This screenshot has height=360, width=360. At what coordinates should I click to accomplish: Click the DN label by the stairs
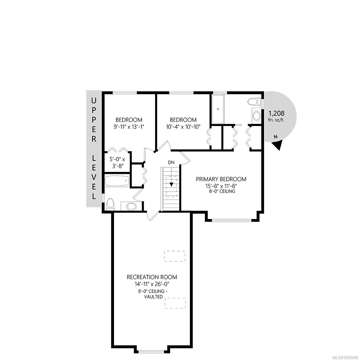171,163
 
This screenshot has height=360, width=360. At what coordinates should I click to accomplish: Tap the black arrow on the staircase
171,184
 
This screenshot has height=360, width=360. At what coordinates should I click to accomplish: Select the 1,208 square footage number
276,113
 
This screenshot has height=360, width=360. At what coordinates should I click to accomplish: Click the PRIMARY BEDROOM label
221,179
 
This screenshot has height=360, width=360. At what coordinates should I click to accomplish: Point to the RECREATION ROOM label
152,277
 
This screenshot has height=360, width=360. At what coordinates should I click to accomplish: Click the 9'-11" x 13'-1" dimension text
129,127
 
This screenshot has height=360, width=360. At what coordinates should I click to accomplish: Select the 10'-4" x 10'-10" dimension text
183,127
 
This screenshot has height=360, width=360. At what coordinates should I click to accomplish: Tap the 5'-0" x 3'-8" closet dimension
117,163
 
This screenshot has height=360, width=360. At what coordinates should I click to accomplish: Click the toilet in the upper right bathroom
254,102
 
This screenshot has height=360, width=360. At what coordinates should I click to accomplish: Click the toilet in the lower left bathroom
110,205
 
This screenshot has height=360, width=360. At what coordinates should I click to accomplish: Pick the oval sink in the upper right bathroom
256,116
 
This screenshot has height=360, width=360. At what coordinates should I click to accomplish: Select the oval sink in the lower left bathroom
132,206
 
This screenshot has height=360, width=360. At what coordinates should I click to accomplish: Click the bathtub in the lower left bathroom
117,181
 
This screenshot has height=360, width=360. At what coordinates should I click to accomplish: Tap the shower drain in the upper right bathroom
217,109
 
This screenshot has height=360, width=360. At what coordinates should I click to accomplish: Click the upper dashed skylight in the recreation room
175,256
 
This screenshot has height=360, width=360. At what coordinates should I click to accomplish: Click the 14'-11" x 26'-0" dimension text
152,284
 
